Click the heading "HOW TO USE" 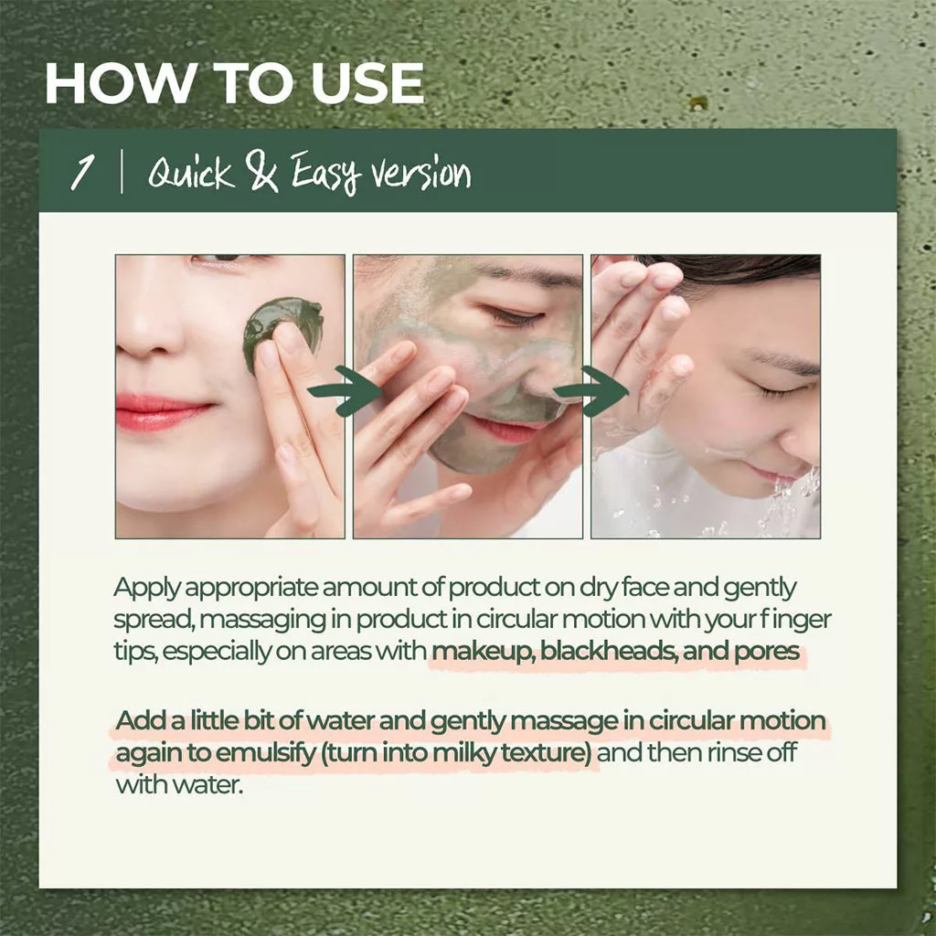[234, 84]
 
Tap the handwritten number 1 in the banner [84, 172]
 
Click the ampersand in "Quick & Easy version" [263, 174]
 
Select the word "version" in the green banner [415, 174]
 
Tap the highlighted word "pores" [773, 653]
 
